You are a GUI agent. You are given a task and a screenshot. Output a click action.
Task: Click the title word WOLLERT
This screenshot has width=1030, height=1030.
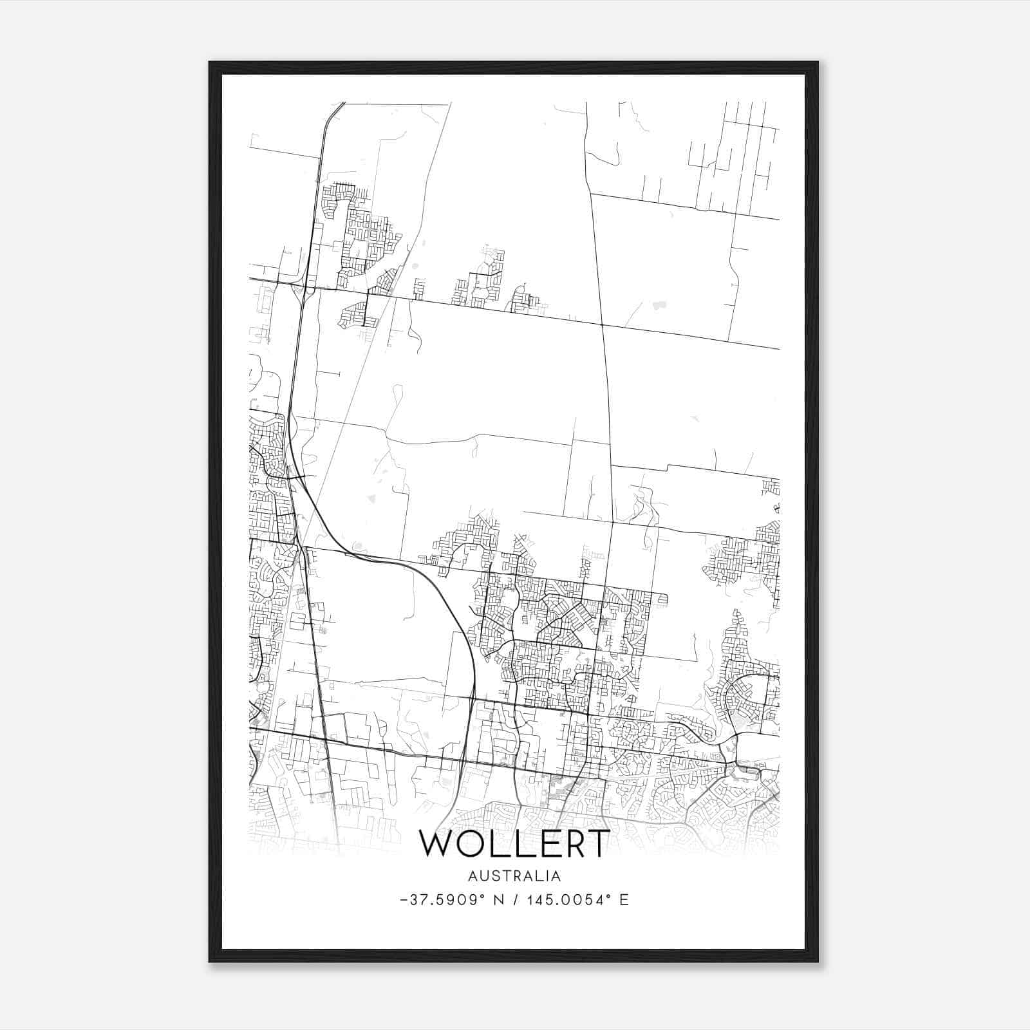click(514, 843)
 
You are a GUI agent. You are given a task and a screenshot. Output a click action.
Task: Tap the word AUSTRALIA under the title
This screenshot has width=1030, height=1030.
click(514, 876)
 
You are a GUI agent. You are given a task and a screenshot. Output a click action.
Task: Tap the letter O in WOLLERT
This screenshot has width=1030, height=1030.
click(474, 843)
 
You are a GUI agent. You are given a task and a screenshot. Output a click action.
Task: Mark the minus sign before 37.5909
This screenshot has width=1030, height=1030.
click(404, 901)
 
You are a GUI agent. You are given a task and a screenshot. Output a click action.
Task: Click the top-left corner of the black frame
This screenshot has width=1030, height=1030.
click(209, 62)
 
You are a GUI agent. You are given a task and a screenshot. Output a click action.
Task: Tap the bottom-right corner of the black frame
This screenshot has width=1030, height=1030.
click(818, 962)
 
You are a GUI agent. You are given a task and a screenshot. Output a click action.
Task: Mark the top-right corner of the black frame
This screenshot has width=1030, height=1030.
click(818, 62)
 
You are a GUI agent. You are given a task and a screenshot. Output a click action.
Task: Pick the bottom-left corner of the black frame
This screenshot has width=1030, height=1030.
click(209, 962)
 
